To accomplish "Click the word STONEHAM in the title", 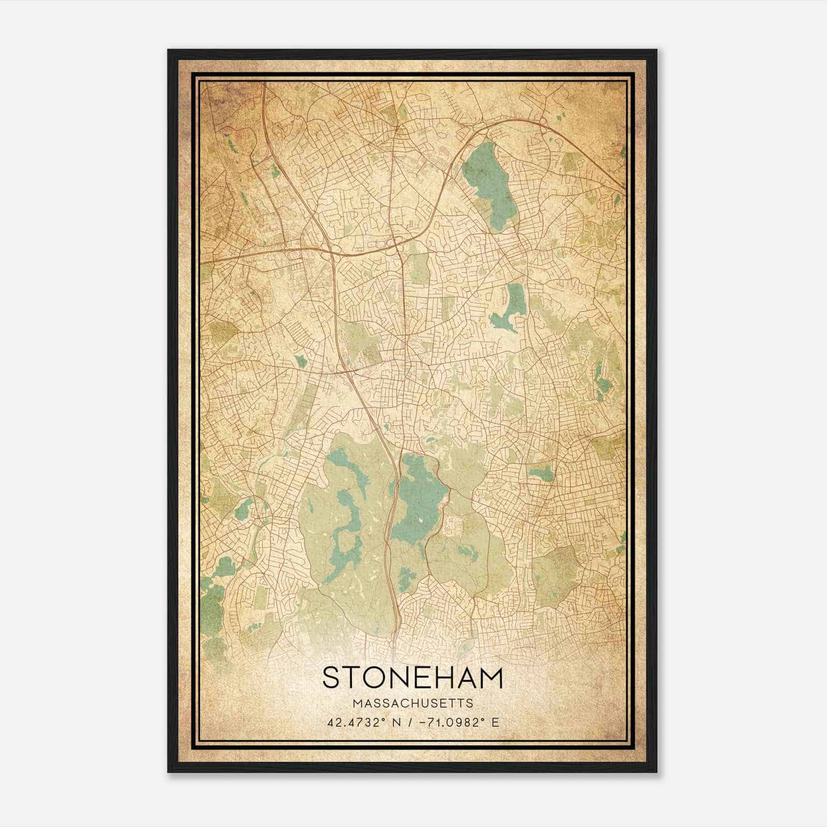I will [x=412, y=678].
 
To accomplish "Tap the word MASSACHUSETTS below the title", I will [x=412, y=703].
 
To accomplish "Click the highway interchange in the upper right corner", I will [x=543, y=123].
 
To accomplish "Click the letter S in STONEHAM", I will [x=333, y=678].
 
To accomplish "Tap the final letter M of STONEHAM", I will [x=489, y=678].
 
